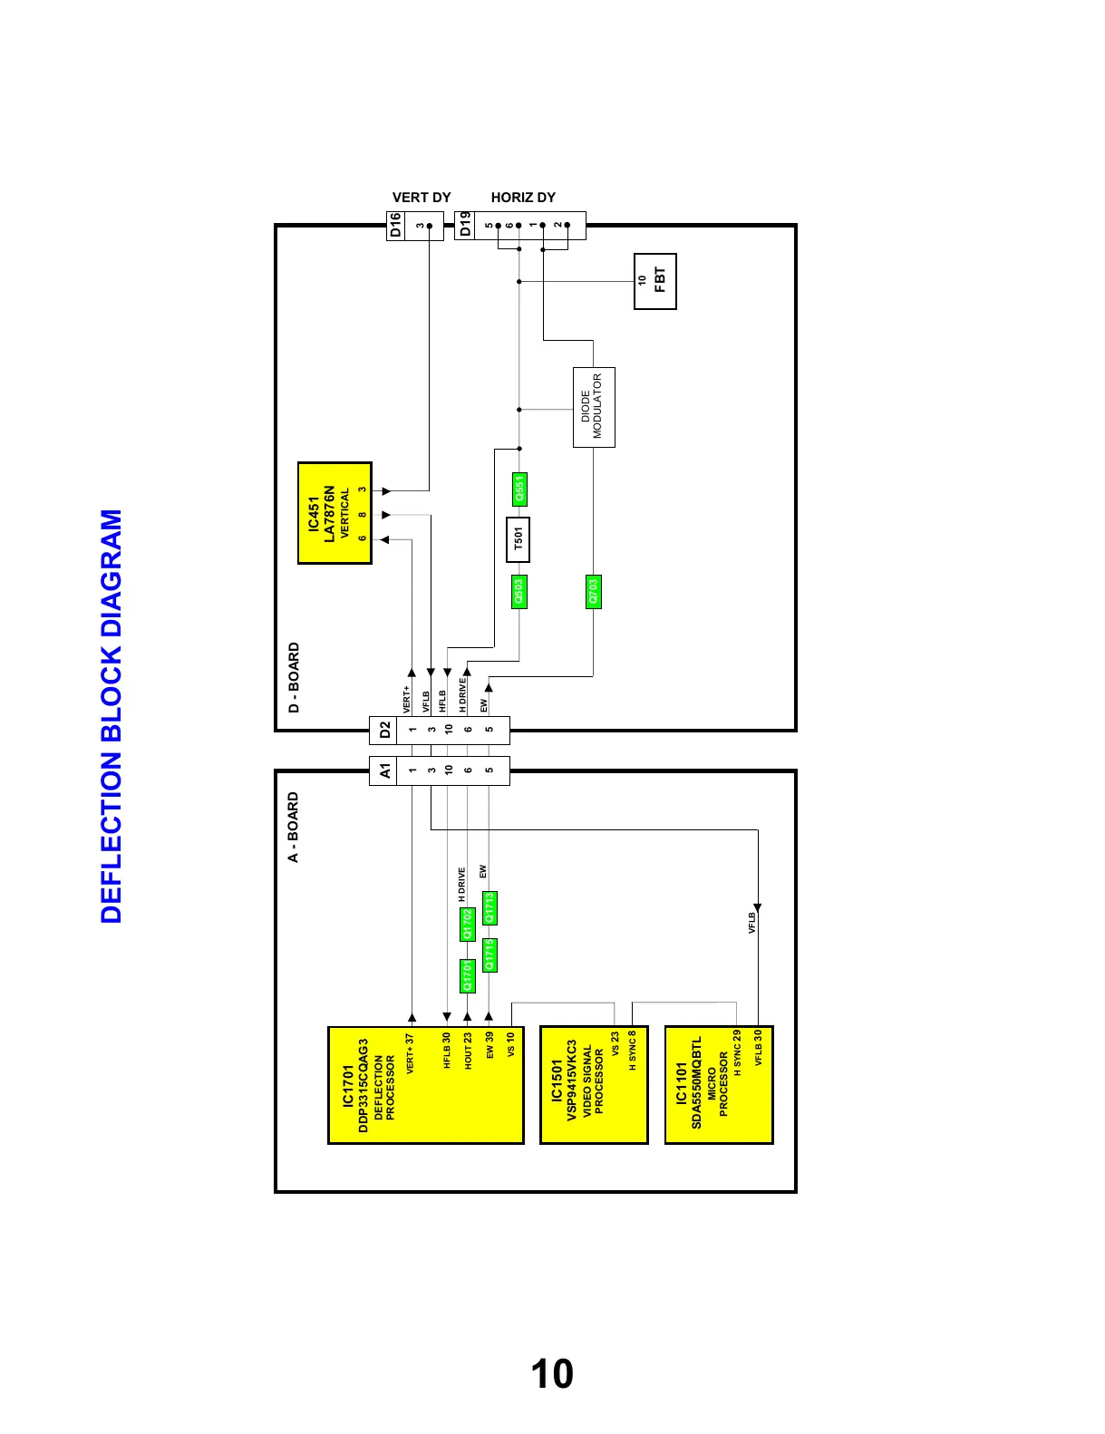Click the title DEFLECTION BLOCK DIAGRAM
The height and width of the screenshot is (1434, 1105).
click(x=111, y=716)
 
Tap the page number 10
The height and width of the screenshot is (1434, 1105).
click(x=551, y=1373)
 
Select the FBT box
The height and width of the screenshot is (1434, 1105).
click(x=654, y=281)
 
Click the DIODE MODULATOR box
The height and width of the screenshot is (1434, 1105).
click(x=594, y=407)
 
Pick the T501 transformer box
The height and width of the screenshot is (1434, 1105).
click(x=518, y=539)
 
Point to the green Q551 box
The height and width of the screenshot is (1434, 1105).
click(x=519, y=489)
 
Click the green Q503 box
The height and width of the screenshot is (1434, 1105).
click(x=519, y=592)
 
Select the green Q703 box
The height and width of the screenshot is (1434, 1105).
click(x=594, y=592)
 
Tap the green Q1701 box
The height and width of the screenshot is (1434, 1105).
click(x=468, y=976)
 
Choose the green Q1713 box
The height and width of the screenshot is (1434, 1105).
click(x=489, y=908)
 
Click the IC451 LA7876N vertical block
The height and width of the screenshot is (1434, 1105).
click(x=334, y=513)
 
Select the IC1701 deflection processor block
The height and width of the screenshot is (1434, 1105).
click(x=425, y=1085)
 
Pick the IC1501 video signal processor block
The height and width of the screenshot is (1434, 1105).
click(x=594, y=1085)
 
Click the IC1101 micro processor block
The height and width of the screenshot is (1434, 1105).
click(x=719, y=1085)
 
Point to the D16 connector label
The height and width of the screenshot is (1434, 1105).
click(x=395, y=226)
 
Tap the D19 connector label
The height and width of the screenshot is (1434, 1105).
click(x=465, y=226)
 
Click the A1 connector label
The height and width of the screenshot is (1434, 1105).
click(x=384, y=770)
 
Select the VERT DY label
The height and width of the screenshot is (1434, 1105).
click(x=422, y=198)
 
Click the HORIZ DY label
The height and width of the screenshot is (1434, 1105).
click(x=523, y=198)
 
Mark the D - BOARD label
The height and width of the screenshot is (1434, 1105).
click(x=294, y=677)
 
